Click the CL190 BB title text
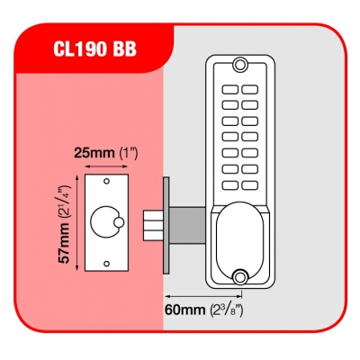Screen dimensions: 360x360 pos(94,49)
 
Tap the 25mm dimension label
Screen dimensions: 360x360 pos(94,153)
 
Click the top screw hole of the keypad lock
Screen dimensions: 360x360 pos(240,65)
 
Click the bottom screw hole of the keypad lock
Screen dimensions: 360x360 pos(240,276)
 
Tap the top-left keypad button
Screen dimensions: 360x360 pos(230,89)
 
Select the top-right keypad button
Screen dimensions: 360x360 pos(250,89)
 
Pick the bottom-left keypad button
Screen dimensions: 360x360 pos(230,185)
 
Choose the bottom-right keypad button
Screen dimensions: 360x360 pos(250,185)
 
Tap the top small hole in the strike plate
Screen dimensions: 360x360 pos(106,181)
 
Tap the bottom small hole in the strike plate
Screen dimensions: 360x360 pos(106,264)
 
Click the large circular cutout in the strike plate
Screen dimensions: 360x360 pos(105,222)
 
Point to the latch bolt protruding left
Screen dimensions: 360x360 pos(153,226)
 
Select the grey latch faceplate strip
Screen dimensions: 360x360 pos(166,225)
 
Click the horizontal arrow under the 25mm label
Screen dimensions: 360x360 pos(106,166)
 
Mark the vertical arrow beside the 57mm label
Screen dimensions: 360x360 pos(77,223)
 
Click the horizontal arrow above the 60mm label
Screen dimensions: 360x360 pos(203,296)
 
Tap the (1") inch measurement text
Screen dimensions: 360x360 pos(129,153)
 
